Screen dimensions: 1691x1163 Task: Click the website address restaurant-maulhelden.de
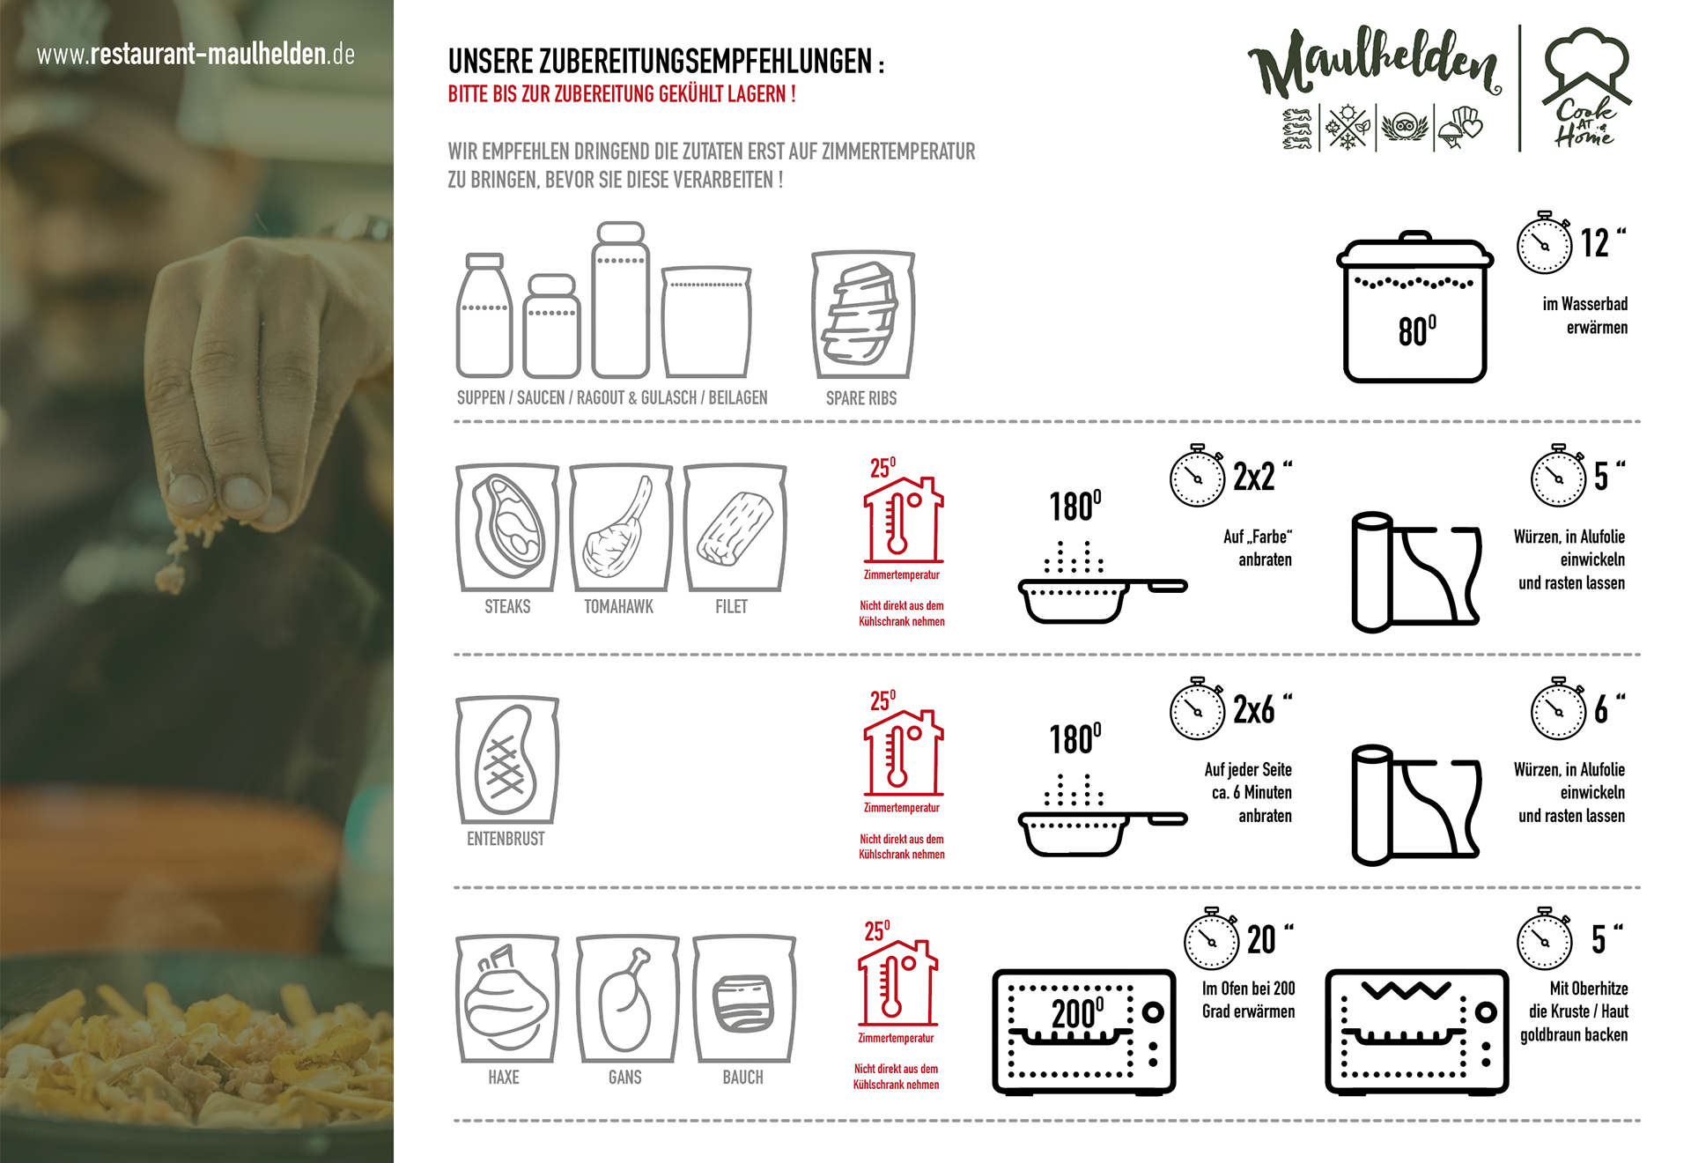pos(196,55)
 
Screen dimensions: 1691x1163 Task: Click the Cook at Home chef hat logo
pos(1586,87)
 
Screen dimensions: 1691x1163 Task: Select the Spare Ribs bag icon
pos(863,315)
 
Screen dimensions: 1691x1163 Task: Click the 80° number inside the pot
pos(1417,330)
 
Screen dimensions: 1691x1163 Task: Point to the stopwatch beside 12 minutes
pos(1544,242)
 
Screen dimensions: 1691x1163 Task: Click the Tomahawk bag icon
pos(621,527)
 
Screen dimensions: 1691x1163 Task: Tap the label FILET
pos(731,606)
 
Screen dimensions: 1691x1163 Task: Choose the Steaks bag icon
pos(507,527)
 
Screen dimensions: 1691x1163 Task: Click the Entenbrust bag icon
pos(507,759)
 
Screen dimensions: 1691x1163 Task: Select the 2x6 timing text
pos(1254,709)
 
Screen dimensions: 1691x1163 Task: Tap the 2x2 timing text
pos(1254,477)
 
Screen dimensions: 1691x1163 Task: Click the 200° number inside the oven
pos(1078,1013)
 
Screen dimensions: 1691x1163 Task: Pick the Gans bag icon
pos(627,998)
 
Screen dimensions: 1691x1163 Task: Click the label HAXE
pos(504,1077)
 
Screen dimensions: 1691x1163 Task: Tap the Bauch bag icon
pos(744,998)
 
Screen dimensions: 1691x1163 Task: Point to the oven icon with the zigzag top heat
pos(1416,1032)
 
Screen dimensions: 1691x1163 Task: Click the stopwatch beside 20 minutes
pos(1212,938)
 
